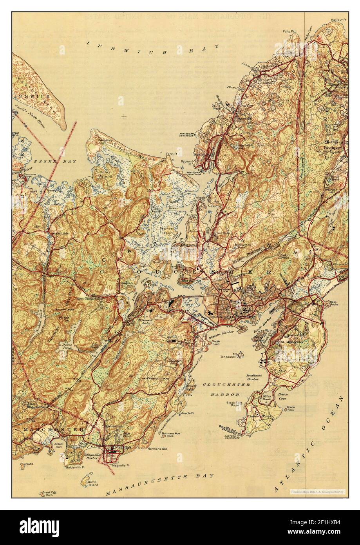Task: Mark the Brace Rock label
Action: (x=290, y=409)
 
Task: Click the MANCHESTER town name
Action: (x=49, y=430)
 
